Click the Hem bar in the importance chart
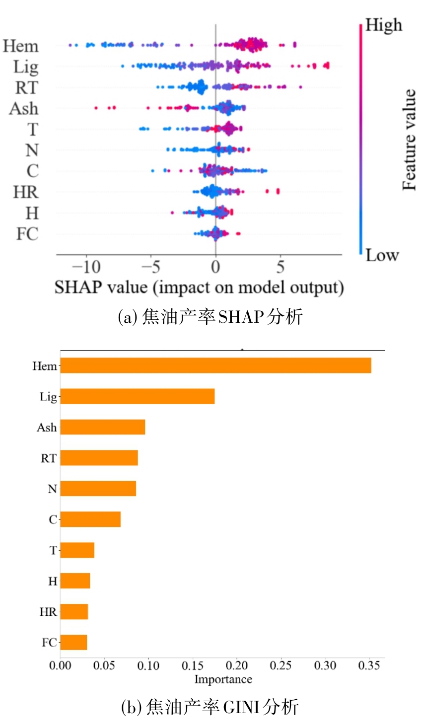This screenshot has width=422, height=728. pyautogui.click(x=215, y=365)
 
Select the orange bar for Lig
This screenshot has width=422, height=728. pyautogui.click(x=138, y=396)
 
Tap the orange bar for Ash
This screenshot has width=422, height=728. pyautogui.click(x=103, y=427)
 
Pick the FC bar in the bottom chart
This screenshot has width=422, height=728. pyautogui.click(x=73, y=642)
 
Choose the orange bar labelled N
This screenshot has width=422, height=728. pyautogui.click(x=98, y=489)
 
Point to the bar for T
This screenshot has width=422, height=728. pyautogui.click(x=77, y=550)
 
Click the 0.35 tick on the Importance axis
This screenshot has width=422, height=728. pyautogui.click(x=369, y=665)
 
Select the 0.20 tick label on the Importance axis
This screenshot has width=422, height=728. pyautogui.click(x=237, y=665)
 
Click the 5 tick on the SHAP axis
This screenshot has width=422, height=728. pyautogui.click(x=281, y=267)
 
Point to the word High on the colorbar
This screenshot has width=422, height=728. pyautogui.click(x=383, y=25)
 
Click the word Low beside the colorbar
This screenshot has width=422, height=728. pyautogui.click(x=382, y=255)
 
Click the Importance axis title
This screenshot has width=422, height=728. pyautogui.click(x=223, y=679)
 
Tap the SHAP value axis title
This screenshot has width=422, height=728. pyautogui.click(x=199, y=288)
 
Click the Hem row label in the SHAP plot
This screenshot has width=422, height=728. pyautogui.click(x=20, y=46)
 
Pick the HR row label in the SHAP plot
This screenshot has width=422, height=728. pyautogui.click(x=25, y=192)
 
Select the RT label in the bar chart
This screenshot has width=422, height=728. pyautogui.click(x=48, y=458)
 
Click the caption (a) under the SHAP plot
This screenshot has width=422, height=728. pyautogui.click(x=210, y=316)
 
